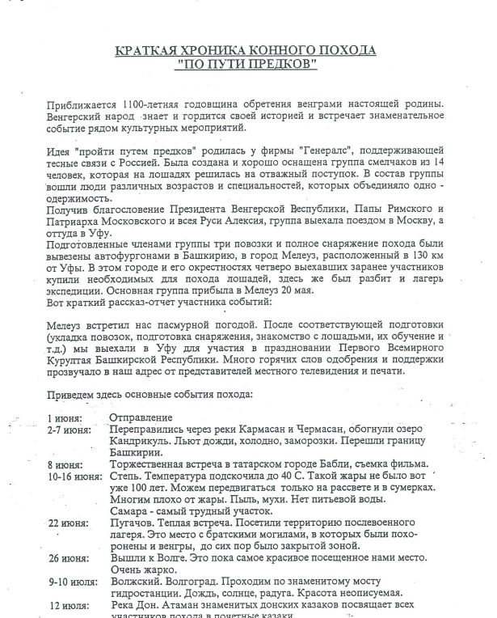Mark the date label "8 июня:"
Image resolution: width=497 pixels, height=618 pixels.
pyautogui.click(x=65, y=464)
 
